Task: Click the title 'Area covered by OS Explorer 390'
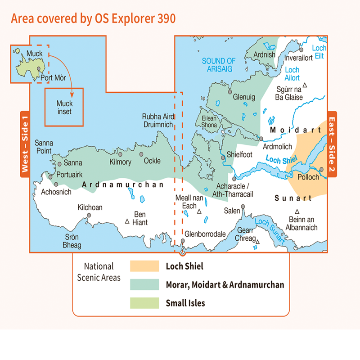tap(93, 18)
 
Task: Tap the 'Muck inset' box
tap(64, 107)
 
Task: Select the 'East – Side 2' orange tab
tap(332, 144)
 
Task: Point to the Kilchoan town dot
tap(89, 216)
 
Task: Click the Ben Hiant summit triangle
tap(127, 221)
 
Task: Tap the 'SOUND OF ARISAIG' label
tap(219, 64)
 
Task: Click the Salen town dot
tap(243, 207)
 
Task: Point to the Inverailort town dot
tap(302, 50)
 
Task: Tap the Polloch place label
tap(308, 177)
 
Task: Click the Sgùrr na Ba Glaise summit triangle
tap(305, 85)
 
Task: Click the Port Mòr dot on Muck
tap(39, 69)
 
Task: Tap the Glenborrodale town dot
tap(183, 241)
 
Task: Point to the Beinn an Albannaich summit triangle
tap(297, 211)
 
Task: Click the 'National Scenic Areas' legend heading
tap(99, 272)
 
